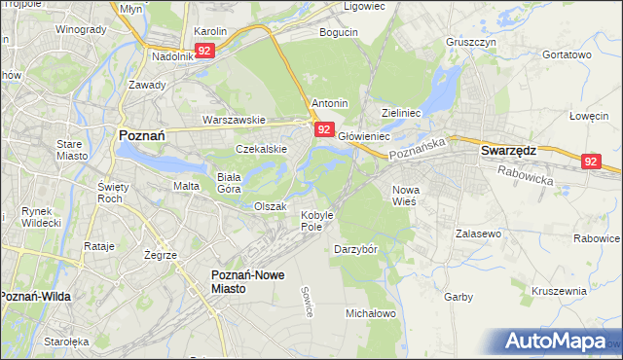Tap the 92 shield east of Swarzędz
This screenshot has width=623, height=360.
[592, 162]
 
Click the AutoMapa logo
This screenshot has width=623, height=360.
[557, 342]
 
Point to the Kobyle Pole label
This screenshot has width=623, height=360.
[317, 220]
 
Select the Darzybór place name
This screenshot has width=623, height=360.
[355, 249]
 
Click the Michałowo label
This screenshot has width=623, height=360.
[371, 313]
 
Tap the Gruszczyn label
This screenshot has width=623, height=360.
[471, 43]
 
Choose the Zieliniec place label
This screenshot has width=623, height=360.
[401, 113]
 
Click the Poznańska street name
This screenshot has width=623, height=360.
[416, 149]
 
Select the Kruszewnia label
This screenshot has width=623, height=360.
[559, 291]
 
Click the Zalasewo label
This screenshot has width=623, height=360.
[478, 234]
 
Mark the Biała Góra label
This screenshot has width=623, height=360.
[228, 183]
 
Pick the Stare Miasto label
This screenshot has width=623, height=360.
[72, 149]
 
